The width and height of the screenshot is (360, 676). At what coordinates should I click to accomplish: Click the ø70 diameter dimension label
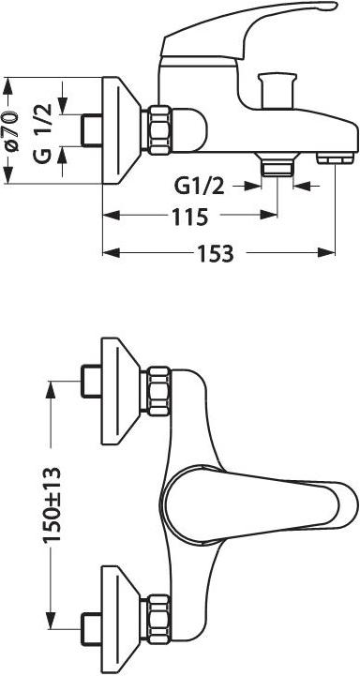(x=12, y=131)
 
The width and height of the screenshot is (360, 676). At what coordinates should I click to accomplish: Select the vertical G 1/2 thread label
(x=43, y=133)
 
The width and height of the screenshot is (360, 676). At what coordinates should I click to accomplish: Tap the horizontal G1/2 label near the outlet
(x=199, y=187)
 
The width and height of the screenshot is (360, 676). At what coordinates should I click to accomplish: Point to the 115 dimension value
(x=190, y=218)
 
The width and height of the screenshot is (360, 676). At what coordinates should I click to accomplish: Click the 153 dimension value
(x=216, y=254)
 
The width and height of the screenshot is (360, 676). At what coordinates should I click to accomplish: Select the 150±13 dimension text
(x=52, y=504)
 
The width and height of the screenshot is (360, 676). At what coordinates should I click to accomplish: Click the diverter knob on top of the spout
(x=277, y=90)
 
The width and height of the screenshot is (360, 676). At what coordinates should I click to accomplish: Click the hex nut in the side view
(x=159, y=129)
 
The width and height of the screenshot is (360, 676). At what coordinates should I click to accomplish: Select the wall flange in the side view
(x=121, y=130)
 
